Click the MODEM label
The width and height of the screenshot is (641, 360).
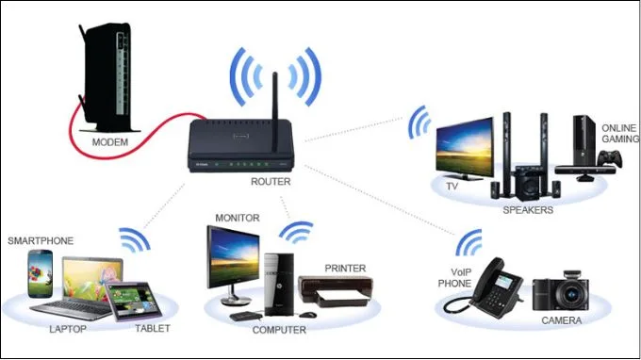tap(110, 142)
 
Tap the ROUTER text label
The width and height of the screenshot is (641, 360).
tap(271, 182)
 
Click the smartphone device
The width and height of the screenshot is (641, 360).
tap(40, 273)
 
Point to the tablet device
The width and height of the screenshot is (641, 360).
tap(134, 302)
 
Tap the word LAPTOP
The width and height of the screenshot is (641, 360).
tap(68, 329)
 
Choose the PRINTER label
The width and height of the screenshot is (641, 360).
tap(345, 269)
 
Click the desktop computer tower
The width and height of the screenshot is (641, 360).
tap(279, 285)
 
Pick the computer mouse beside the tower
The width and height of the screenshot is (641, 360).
tap(308, 315)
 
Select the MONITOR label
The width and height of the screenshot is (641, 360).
tap(238, 218)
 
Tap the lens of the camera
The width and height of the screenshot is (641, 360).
tap(571, 295)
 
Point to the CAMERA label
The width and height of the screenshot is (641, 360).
tap(562, 320)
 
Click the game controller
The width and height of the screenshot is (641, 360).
tap(610, 159)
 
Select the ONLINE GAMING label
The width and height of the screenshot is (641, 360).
tap(619, 134)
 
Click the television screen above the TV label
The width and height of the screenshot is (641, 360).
tap(465, 146)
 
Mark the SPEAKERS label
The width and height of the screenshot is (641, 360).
tap(528, 210)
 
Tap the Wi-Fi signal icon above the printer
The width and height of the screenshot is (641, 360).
tap(297, 233)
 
